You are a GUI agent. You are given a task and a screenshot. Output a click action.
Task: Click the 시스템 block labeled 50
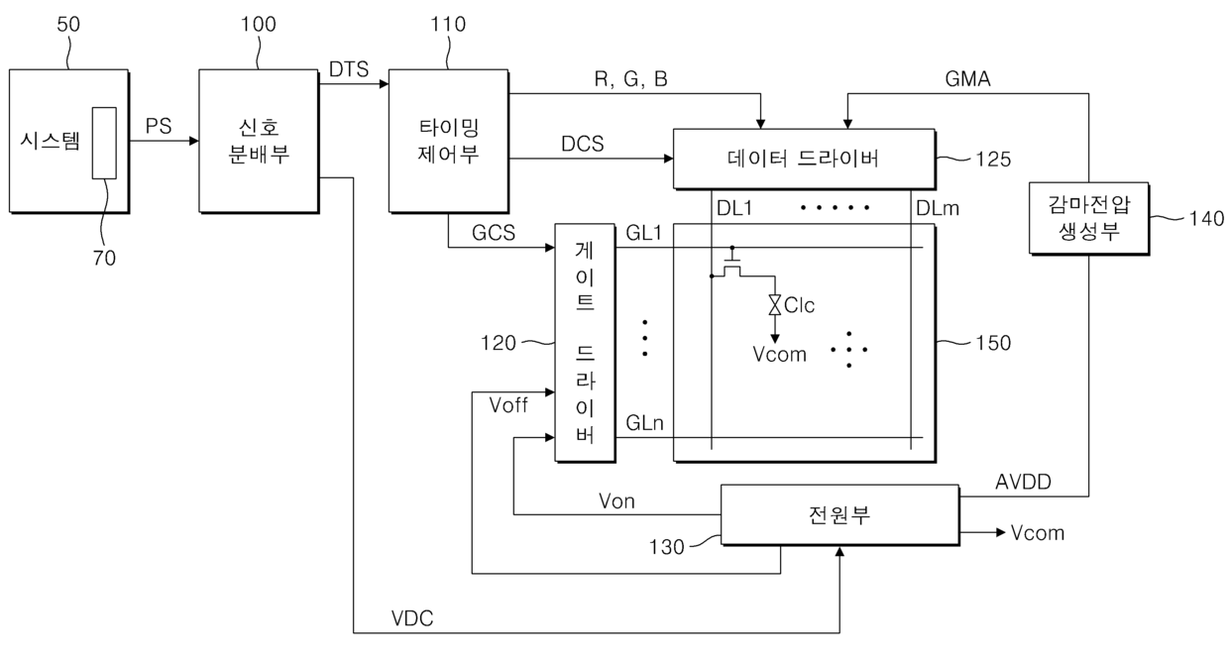(x=69, y=141)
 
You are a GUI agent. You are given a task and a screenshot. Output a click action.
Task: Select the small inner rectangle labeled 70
(x=104, y=143)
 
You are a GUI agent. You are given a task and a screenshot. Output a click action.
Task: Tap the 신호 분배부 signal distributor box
(x=259, y=141)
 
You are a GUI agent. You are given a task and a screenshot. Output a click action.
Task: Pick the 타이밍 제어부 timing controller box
(x=449, y=141)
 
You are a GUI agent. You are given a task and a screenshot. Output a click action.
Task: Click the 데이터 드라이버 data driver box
(x=805, y=160)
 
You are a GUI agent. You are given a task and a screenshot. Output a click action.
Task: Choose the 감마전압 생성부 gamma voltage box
(x=1089, y=218)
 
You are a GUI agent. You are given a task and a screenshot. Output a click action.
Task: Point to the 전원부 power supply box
(x=840, y=515)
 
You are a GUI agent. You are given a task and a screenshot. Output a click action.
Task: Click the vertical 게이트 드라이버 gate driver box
(x=585, y=343)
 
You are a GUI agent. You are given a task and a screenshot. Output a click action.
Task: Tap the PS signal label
(x=159, y=126)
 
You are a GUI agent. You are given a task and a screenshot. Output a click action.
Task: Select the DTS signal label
(x=349, y=69)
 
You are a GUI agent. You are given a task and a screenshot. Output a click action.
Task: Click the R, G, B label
(x=631, y=79)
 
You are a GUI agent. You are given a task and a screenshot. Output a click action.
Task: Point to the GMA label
(x=967, y=79)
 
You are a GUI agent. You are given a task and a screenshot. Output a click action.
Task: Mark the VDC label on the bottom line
(x=412, y=618)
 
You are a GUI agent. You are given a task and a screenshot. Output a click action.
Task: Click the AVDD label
(x=1023, y=483)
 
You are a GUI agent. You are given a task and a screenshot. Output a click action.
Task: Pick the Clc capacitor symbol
(x=775, y=305)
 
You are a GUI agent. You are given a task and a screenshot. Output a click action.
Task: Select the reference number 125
(x=993, y=160)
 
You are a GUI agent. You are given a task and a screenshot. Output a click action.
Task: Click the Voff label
(x=508, y=406)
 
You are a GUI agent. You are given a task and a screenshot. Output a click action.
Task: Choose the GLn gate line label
(x=644, y=423)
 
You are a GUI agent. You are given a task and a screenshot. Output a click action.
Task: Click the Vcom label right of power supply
(x=1038, y=533)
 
